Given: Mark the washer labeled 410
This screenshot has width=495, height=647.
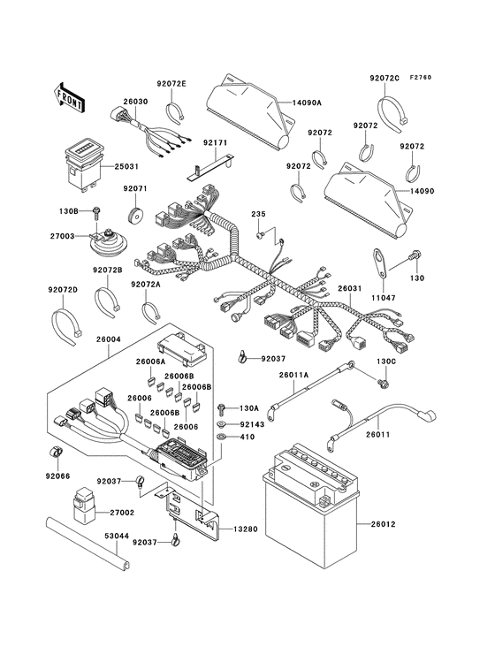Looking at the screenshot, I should (221, 438).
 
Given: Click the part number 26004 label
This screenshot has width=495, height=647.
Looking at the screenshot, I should (109, 339).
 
